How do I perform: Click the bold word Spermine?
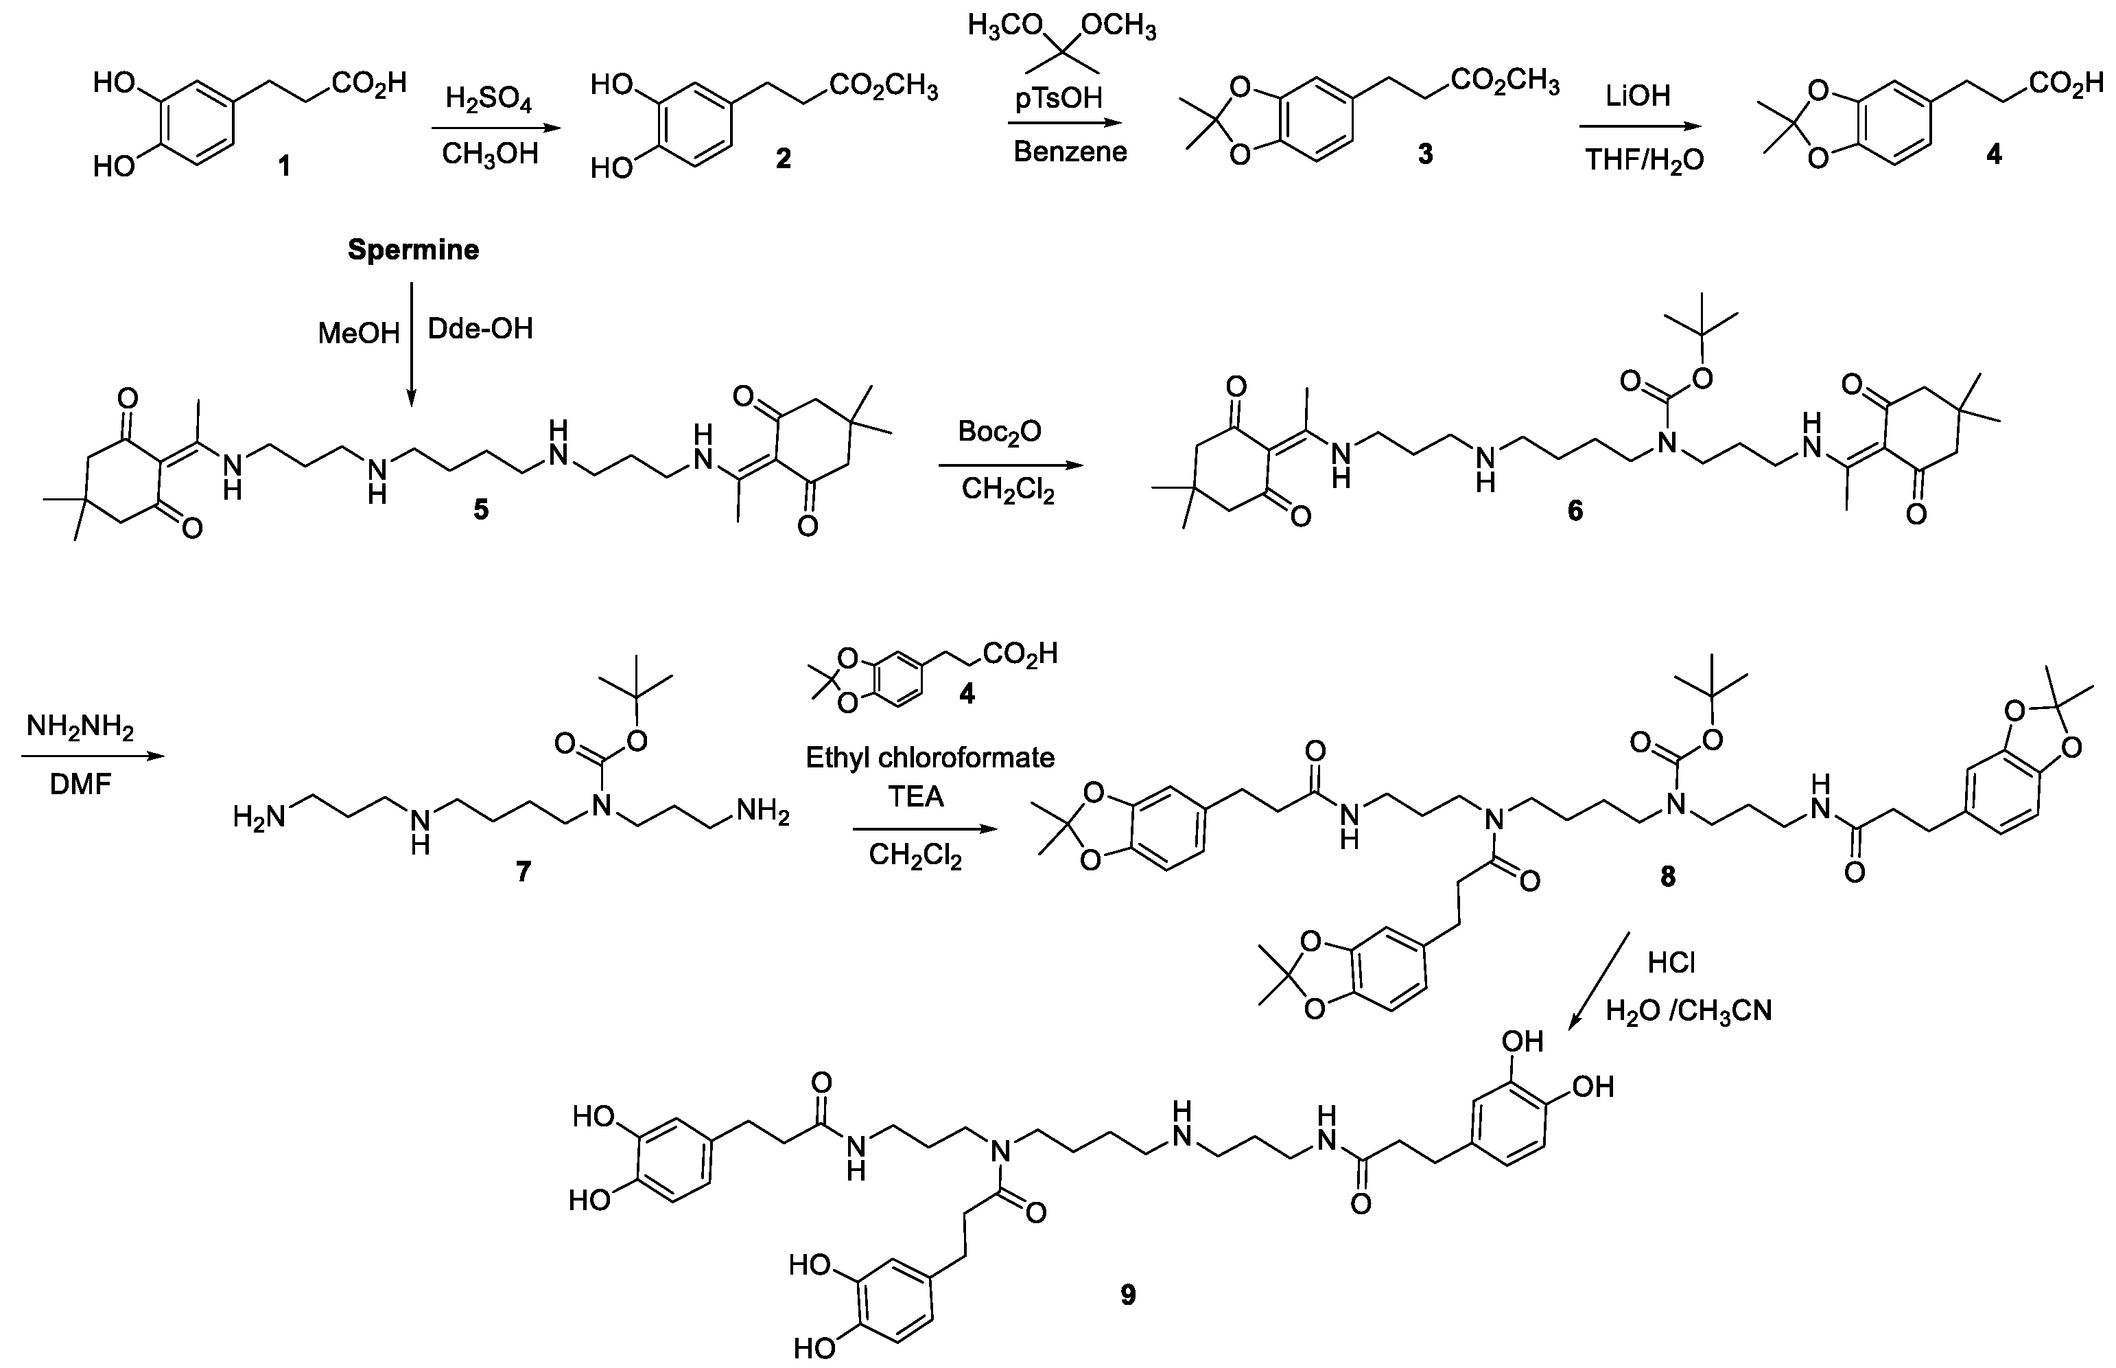coord(413,250)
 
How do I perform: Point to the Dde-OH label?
coord(480,329)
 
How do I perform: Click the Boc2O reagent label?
coord(999,432)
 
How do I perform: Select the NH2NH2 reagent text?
coord(80,727)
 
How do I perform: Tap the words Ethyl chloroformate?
coord(930,757)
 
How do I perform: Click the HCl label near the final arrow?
coord(1671,962)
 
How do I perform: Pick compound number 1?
coord(284,166)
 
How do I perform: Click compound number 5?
coord(480,510)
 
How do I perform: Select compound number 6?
coord(1575,511)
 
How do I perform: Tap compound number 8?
coord(1667,877)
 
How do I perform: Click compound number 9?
coord(1128,1295)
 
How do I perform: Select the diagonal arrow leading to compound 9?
coord(1599,981)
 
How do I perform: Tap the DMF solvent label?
coord(80,785)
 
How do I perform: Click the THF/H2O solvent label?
coord(1645,160)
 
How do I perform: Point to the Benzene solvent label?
coord(1070,152)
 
